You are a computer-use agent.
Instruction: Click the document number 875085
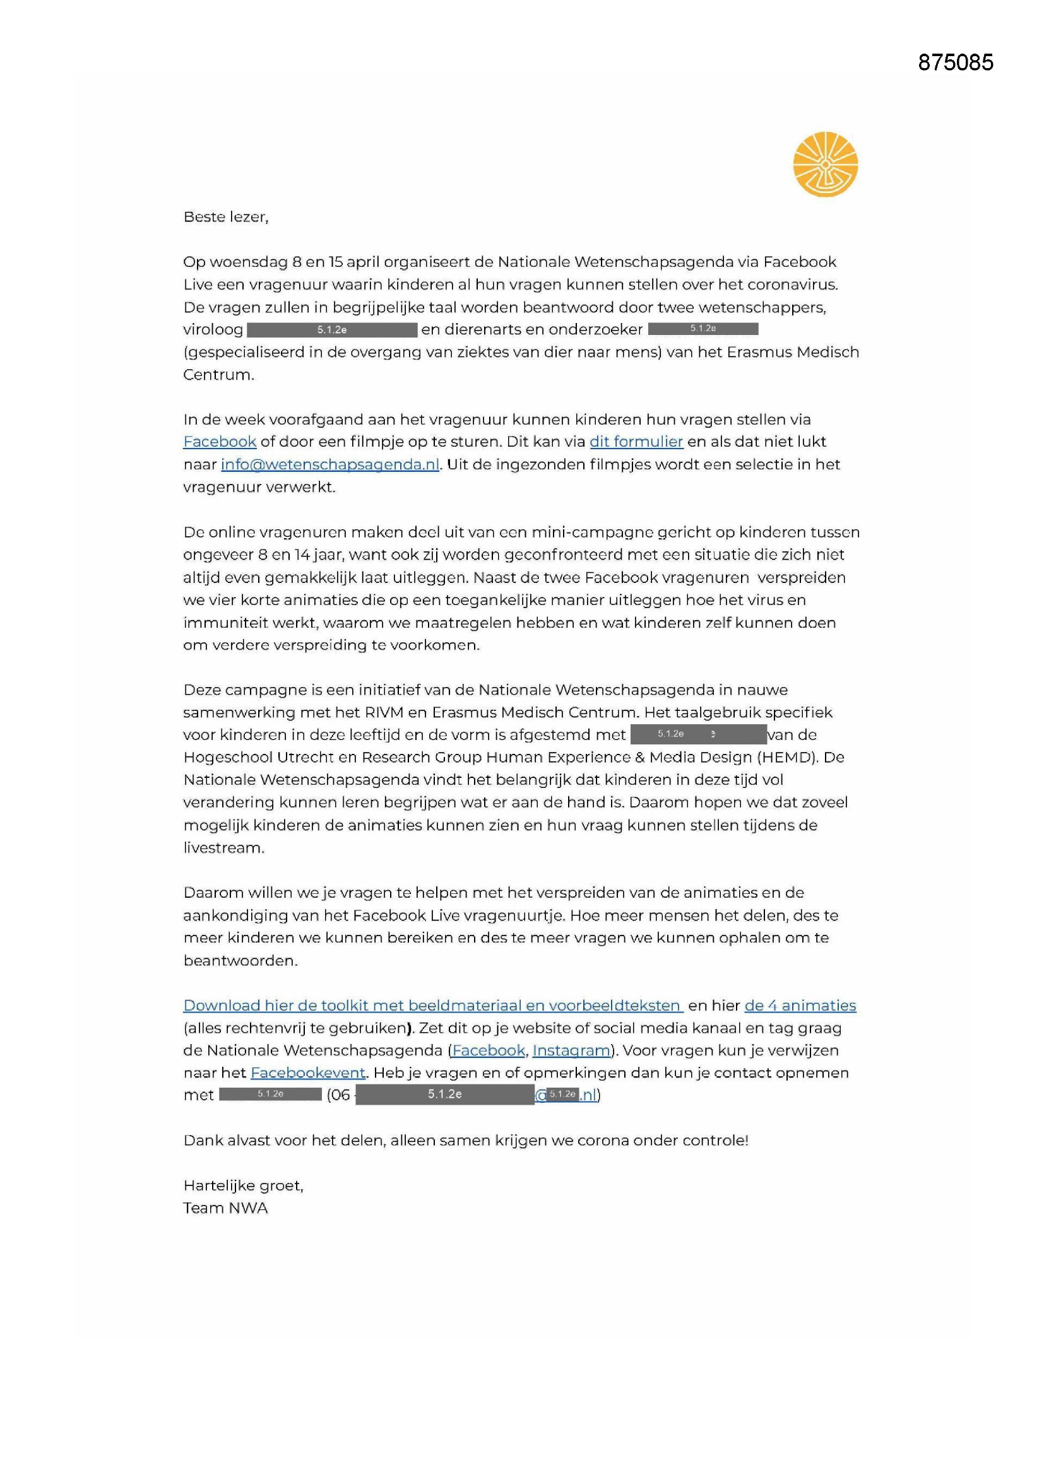point(955,62)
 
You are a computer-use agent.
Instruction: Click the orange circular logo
point(825,164)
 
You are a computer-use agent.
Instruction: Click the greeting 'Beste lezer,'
point(225,217)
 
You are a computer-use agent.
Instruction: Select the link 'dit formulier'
point(636,442)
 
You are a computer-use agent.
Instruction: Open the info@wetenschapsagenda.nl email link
point(329,464)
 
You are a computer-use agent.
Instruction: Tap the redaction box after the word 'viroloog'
point(332,330)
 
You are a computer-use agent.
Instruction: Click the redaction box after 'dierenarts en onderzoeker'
point(703,329)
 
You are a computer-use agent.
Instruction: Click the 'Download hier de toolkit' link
point(432,1006)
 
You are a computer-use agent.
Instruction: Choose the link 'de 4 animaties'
point(800,1006)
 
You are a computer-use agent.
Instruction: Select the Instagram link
point(571,1050)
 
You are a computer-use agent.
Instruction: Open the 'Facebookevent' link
point(308,1073)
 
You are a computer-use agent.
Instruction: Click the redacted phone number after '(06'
point(444,1095)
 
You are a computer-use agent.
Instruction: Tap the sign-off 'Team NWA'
point(225,1208)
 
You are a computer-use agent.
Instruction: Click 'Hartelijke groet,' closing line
point(243,1186)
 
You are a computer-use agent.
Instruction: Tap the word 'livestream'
point(222,848)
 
